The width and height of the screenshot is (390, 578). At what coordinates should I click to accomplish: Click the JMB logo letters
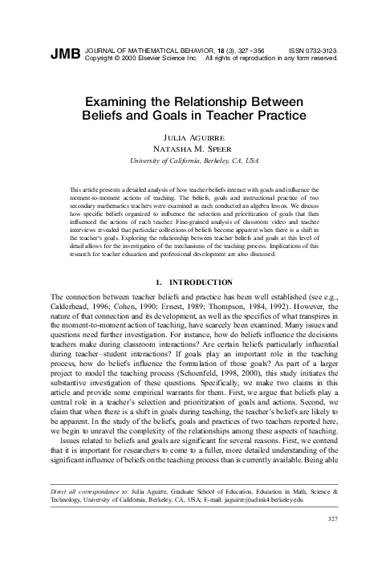coord(65,54)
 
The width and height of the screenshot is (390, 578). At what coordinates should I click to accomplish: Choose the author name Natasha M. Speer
coord(194,149)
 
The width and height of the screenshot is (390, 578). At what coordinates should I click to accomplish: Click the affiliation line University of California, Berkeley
coord(194,161)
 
